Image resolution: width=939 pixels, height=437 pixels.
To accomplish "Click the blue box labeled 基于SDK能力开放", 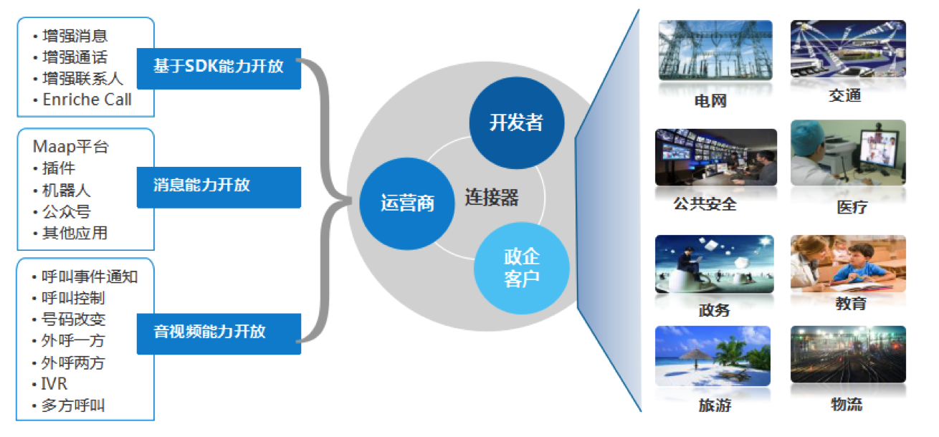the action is coord(219,68).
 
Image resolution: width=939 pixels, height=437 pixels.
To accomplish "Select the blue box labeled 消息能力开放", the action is coord(219,187).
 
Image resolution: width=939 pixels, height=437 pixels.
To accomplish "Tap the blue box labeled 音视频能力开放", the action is coord(219,334).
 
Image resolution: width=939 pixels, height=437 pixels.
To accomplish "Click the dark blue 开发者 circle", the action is coord(516,123).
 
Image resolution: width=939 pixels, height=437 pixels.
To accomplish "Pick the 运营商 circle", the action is coord(407,203).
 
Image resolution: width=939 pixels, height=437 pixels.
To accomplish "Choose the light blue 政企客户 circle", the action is coord(522,268).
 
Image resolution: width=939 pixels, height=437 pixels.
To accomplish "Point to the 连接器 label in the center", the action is coord(492,197).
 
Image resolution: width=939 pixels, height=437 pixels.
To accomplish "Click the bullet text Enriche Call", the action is coord(87,100).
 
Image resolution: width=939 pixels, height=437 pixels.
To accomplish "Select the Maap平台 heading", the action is coord(70,147).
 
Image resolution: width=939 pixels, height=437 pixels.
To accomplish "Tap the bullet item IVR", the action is coord(54,384).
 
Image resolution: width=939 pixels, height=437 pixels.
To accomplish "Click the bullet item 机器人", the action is coord(66,191).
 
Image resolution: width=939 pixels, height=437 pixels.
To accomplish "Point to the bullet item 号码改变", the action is coord(73,320).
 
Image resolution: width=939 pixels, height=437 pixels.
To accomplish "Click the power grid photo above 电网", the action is coord(715,50).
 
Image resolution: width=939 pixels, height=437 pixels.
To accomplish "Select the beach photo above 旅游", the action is coord(712,356).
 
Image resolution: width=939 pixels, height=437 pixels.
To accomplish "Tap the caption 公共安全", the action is coord(705,204).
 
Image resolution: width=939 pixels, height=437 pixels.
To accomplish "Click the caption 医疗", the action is coord(852,207).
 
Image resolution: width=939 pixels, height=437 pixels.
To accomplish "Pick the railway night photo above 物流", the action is coord(848,354).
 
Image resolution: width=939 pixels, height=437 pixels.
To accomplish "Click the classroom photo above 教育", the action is coord(848,264).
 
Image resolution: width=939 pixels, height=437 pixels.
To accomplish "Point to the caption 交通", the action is coord(844,95).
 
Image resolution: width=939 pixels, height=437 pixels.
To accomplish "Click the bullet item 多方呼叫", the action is coord(73,405).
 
